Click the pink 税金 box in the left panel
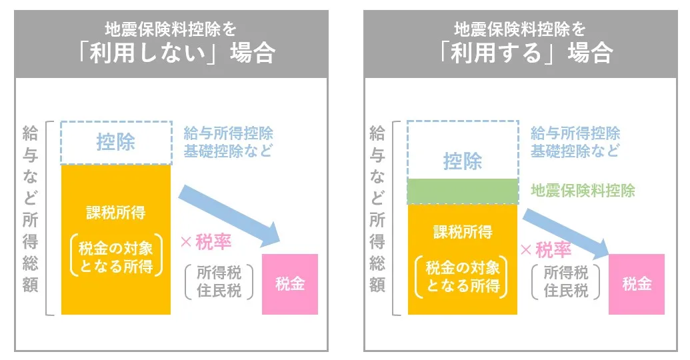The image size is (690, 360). point(289,283)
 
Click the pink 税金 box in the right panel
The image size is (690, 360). point(637,283)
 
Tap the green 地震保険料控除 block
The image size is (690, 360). point(462,191)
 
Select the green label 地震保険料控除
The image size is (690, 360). point(583,191)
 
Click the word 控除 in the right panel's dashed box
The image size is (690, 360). point(462,161)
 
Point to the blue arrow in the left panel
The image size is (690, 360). point(230,213)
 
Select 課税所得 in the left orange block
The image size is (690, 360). point(115,213)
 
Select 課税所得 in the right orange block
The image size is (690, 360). point(462,232)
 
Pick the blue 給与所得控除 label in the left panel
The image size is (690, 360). point(228,133)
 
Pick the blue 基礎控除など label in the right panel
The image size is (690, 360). point(575,151)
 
